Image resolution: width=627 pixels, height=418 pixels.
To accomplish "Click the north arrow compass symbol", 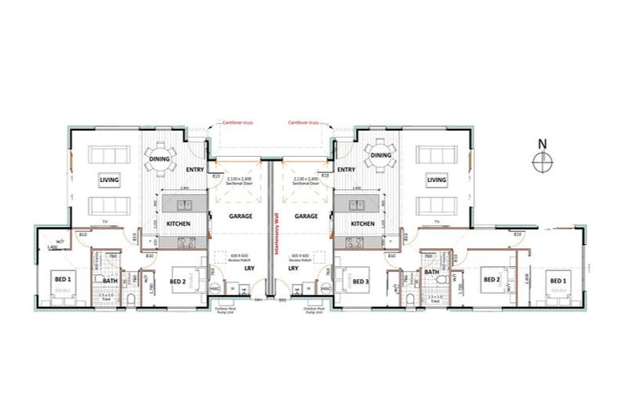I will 543,162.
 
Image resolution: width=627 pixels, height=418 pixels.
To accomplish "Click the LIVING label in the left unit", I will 109,180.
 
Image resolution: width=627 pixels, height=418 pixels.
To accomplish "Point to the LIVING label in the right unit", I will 437,180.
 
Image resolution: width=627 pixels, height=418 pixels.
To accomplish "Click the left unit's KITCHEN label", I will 179,223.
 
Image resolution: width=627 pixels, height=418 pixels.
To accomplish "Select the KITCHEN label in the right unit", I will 362,223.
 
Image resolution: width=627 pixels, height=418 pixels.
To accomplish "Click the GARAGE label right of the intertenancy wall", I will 306,216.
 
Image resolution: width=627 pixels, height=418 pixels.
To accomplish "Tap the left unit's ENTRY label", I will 194,170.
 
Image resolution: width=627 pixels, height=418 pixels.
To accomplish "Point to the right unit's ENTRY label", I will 345,170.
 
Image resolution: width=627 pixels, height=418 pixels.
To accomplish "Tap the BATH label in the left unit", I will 109,282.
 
